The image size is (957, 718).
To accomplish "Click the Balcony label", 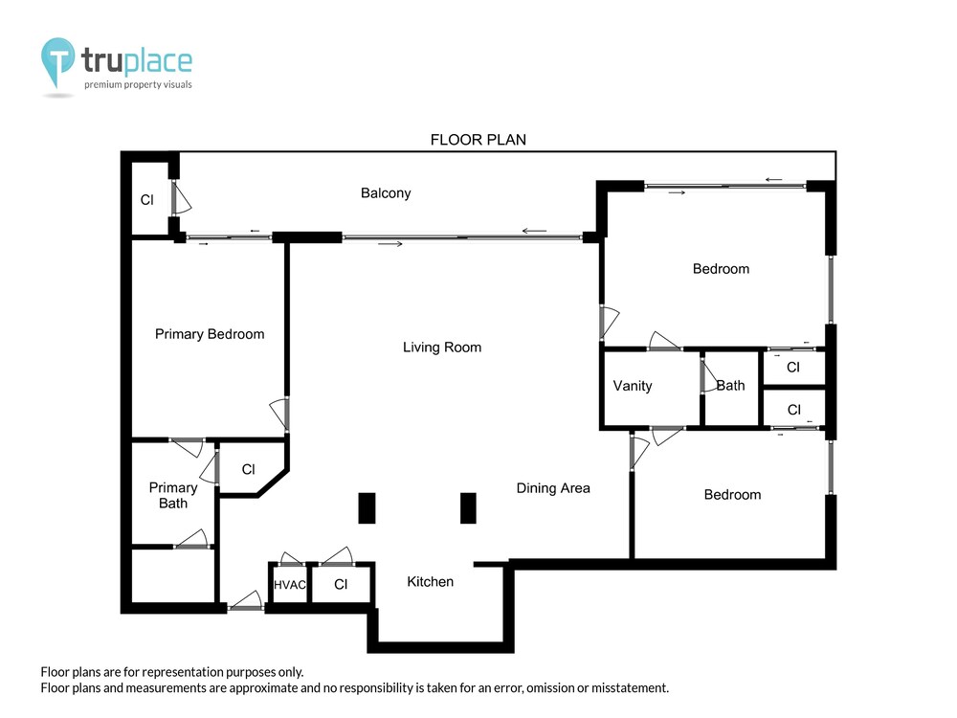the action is pyautogui.click(x=386, y=193).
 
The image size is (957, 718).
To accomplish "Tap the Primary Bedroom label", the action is pyautogui.click(x=210, y=334).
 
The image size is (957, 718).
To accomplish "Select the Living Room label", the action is pyautogui.click(x=442, y=348).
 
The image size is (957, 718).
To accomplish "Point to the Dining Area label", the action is pyautogui.click(x=553, y=488).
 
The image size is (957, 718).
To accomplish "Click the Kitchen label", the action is pyautogui.click(x=431, y=582).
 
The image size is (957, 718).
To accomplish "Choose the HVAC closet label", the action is pyautogui.click(x=289, y=585).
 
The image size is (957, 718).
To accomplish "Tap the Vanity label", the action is pyautogui.click(x=633, y=386).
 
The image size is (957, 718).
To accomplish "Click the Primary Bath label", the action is pyautogui.click(x=173, y=495).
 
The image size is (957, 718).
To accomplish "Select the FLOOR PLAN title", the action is pyautogui.click(x=478, y=140).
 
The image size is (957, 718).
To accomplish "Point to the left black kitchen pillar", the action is pyautogui.click(x=367, y=508).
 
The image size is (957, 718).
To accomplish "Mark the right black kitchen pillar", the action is pyautogui.click(x=468, y=508).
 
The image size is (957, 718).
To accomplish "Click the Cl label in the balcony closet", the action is pyautogui.click(x=147, y=200).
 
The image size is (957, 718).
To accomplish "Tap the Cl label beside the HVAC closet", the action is pyautogui.click(x=341, y=584).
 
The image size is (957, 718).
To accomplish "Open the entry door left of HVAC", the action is pyautogui.click(x=246, y=601).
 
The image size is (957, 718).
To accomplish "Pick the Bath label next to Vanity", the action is pyautogui.click(x=730, y=386).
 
